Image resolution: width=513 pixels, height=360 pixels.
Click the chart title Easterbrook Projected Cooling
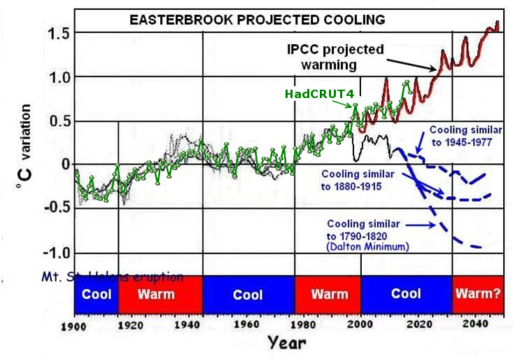coord(258,20)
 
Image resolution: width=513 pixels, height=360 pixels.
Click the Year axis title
coord(286,344)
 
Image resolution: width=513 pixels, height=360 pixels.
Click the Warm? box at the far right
coord(477,294)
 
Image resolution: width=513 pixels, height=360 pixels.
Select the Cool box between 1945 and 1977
coord(248,294)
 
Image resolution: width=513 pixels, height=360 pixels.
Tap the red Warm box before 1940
coord(156,294)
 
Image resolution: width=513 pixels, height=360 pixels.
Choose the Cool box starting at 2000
coord(406,294)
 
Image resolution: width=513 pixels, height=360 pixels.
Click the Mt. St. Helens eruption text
coord(129,277)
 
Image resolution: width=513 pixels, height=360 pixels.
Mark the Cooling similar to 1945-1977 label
coord(461,136)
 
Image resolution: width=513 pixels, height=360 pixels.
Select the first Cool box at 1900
coord(96,294)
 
